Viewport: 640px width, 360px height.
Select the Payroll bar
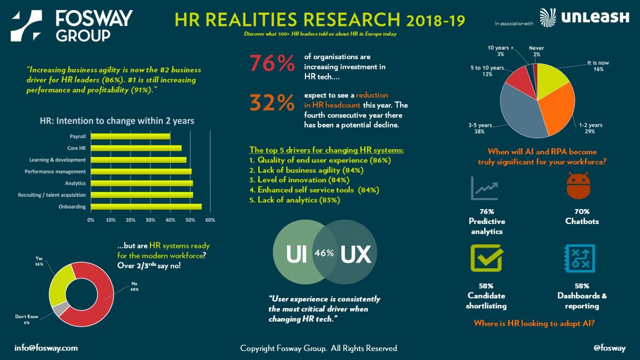[x=130, y=137]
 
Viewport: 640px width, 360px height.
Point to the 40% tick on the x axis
[x=170, y=220]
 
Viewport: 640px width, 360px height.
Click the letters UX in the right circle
[x=355, y=254]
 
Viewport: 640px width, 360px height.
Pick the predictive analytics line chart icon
[x=484, y=187]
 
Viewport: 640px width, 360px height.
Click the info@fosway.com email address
[x=46, y=348]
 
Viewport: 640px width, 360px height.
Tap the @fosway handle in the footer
[x=609, y=348]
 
